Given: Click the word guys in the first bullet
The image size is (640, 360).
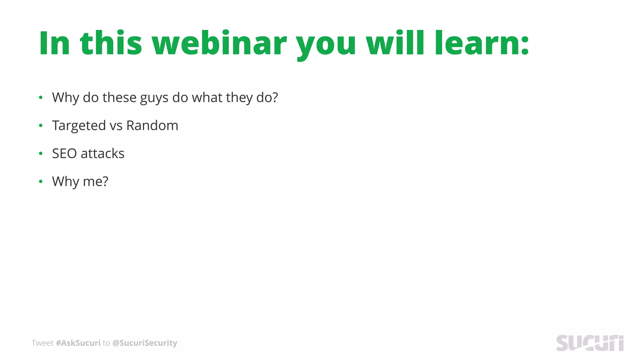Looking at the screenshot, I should (x=154, y=98).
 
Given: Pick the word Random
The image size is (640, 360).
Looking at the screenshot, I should (x=152, y=126).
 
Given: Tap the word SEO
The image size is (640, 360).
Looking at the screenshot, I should (x=64, y=154).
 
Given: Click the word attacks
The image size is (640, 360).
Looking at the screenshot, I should (x=102, y=154).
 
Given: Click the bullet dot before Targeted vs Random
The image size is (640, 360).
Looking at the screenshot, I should (x=41, y=126).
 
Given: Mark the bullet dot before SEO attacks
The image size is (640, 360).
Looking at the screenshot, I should (x=41, y=153).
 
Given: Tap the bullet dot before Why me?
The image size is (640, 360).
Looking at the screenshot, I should (x=41, y=182).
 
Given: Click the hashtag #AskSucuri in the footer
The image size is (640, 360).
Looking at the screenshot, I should (x=78, y=343).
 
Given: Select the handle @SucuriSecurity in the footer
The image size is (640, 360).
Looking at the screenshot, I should (x=144, y=343).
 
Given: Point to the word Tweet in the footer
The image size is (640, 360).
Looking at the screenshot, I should (x=42, y=343).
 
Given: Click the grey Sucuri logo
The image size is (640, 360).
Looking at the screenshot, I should (x=590, y=343).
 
